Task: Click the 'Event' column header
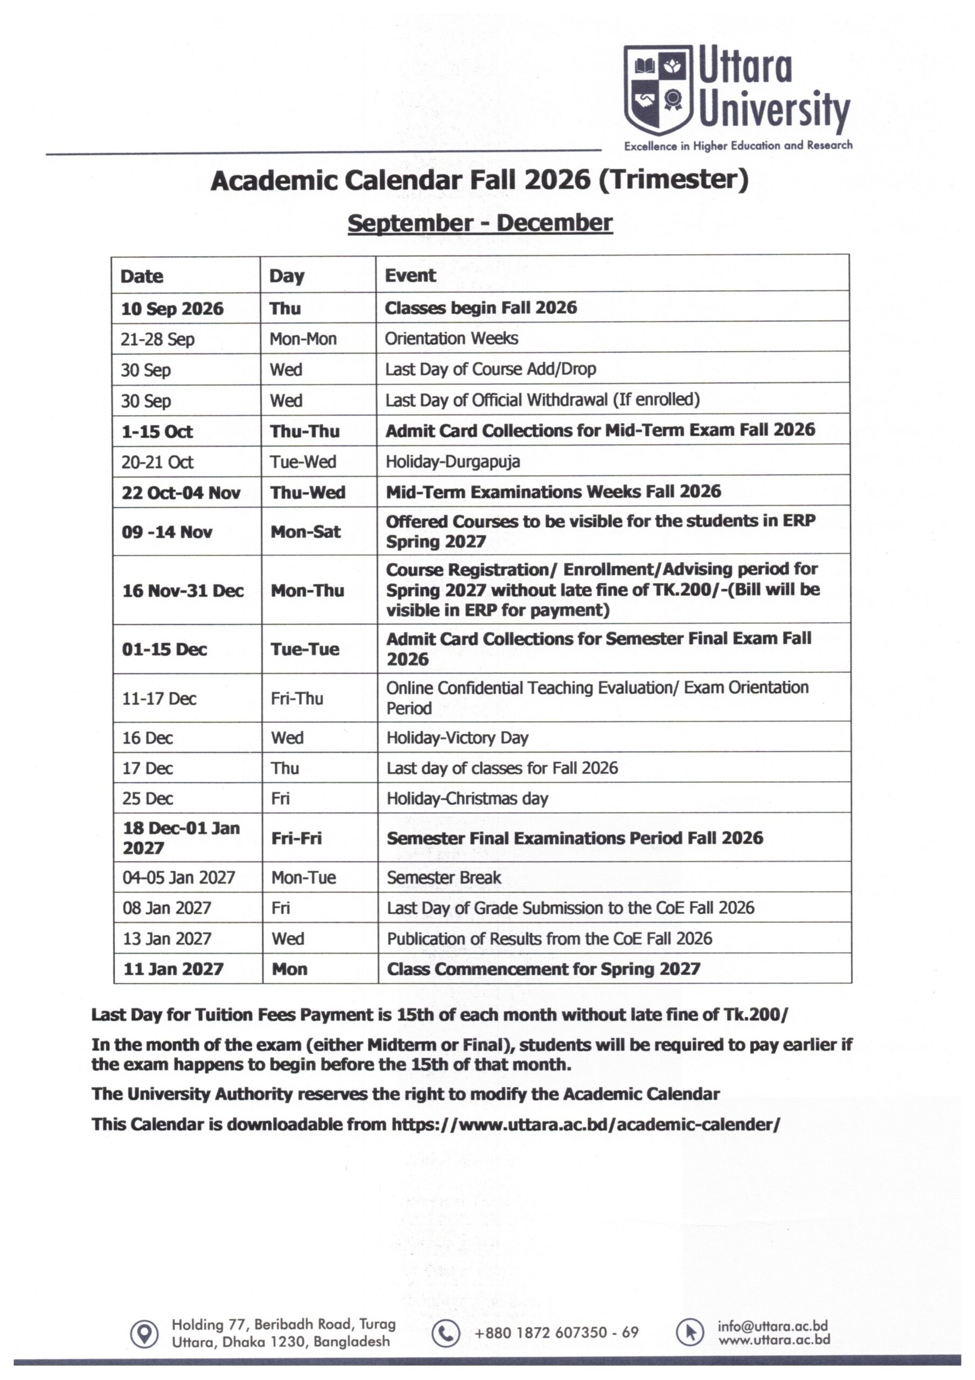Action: (x=410, y=275)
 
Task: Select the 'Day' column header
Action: (x=287, y=276)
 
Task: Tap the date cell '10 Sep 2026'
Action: (x=172, y=308)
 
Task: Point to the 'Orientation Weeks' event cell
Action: (x=451, y=339)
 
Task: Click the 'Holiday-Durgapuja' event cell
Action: (x=452, y=461)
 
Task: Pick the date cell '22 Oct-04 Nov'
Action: (x=181, y=493)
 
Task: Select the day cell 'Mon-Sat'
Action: (x=305, y=532)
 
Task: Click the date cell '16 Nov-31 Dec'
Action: (x=183, y=590)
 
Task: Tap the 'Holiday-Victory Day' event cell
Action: (x=457, y=737)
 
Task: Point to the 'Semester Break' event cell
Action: (x=443, y=878)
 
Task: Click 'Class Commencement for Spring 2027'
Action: (x=543, y=969)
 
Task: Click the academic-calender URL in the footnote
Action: (x=586, y=1124)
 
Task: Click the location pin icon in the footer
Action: (x=144, y=1334)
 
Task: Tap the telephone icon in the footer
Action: (x=445, y=1333)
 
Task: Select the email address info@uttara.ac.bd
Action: (x=772, y=1326)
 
